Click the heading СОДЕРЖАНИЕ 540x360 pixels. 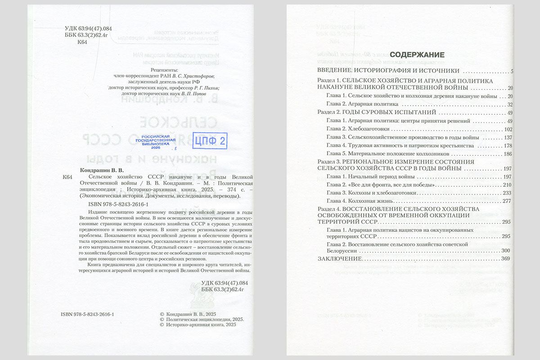[x=417, y=55]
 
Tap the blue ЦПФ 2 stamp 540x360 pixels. [x=209, y=141]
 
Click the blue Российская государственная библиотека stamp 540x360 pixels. [x=155, y=142]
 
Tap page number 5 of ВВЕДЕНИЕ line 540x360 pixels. [x=512, y=71]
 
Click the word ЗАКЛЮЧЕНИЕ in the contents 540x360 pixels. [x=340, y=259]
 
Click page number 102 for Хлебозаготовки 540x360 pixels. [x=508, y=129]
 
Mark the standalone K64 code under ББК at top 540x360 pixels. [x=82, y=42]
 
